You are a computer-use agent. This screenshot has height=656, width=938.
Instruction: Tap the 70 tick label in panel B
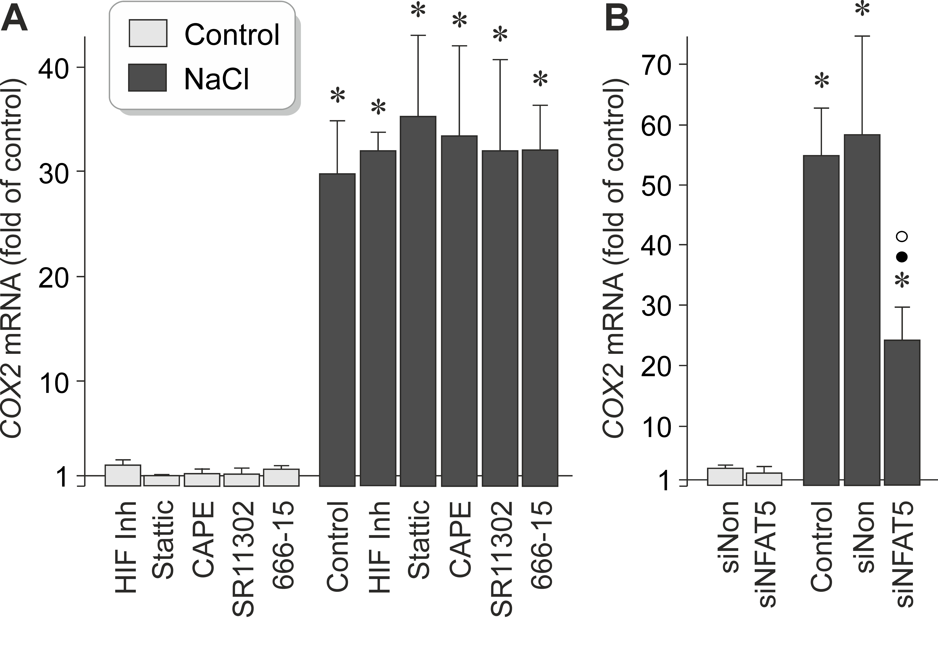click(657, 65)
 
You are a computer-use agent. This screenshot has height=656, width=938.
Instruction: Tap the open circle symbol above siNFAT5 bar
click(902, 236)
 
